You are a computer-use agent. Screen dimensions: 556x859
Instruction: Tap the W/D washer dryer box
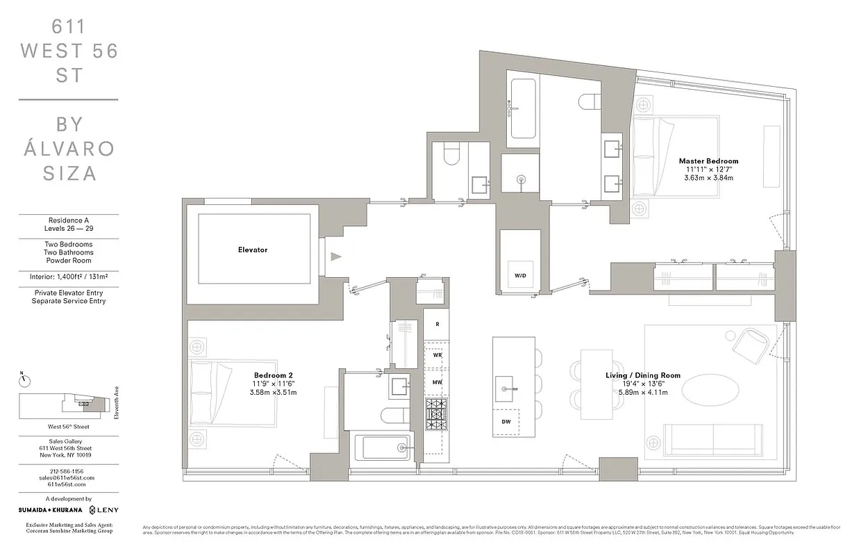coord(520,275)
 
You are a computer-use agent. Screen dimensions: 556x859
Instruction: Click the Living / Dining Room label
coord(642,375)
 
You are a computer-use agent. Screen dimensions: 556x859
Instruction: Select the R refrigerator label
coord(436,325)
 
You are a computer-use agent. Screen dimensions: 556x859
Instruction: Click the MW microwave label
coord(437,382)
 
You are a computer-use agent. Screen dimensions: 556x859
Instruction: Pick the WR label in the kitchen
coord(437,354)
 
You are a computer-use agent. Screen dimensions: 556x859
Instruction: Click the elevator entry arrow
coord(336,256)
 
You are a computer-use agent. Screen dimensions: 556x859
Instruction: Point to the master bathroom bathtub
coord(524,108)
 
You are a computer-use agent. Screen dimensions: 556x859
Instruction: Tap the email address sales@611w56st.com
coord(67,477)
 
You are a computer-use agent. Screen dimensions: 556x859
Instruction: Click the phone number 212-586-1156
coord(67,471)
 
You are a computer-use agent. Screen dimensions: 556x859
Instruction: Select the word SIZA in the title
coord(69,173)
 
